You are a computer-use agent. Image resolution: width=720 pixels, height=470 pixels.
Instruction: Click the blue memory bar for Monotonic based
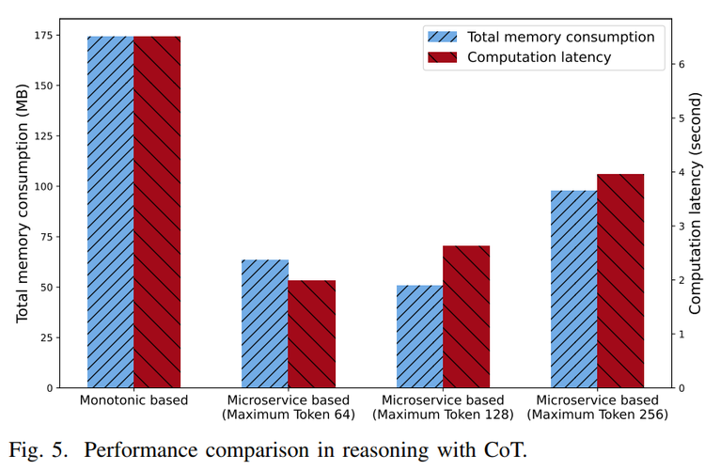[x=110, y=211]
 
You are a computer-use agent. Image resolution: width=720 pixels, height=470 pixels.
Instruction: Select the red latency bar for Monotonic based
[x=156, y=211]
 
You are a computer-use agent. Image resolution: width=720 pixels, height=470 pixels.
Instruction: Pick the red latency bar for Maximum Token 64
[x=311, y=334]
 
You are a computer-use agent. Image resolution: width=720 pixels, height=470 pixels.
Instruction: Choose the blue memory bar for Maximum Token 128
[x=419, y=337]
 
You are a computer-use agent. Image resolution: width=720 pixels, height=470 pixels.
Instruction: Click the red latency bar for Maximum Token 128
[x=466, y=317]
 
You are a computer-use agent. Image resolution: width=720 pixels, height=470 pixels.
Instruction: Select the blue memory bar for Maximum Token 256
[x=573, y=289]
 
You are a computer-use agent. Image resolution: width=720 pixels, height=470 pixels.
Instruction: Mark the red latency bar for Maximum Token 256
[x=620, y=281]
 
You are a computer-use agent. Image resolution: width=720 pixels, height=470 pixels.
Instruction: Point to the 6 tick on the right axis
[x=683, y=63]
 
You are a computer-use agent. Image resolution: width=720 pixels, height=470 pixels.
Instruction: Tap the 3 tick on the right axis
[x=683, y=226]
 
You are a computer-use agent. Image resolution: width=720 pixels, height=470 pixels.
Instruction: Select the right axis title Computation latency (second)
[x=697, y=203]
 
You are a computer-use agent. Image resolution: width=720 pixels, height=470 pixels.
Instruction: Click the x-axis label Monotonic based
[x=133, y=400]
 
